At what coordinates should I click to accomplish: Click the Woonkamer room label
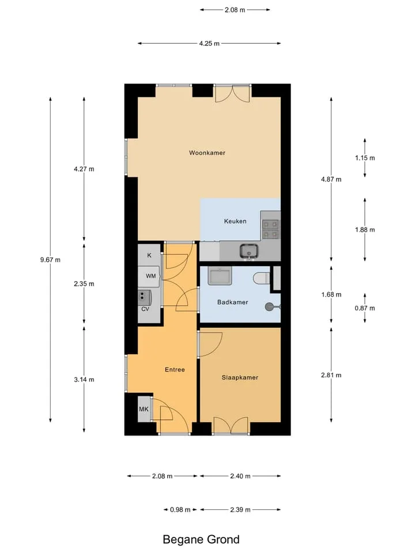coord(207,153)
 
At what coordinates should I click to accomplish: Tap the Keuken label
coord(235,221)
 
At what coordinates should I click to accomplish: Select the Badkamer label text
coord(232,302)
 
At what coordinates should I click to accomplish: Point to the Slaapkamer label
coord(240,377)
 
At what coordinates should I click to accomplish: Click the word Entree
coord(175,370)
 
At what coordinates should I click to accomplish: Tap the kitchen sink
coord(249,251)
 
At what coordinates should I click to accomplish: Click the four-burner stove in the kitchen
coord(271,229)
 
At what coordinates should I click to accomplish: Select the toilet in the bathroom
coord(262,278)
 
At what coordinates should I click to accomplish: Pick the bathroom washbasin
coord(220,276)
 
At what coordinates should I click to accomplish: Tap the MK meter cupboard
coord(144,409)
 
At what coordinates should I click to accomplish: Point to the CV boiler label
coord(145,309)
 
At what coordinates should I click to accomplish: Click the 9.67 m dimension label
coord(50,260)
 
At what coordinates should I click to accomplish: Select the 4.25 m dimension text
coord(209,43)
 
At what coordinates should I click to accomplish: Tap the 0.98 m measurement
coord(180,510)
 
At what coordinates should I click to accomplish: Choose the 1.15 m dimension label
coord(365,158)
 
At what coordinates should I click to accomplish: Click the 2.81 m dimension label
coord(331,375)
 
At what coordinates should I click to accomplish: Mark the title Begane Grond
coord(201,539)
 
